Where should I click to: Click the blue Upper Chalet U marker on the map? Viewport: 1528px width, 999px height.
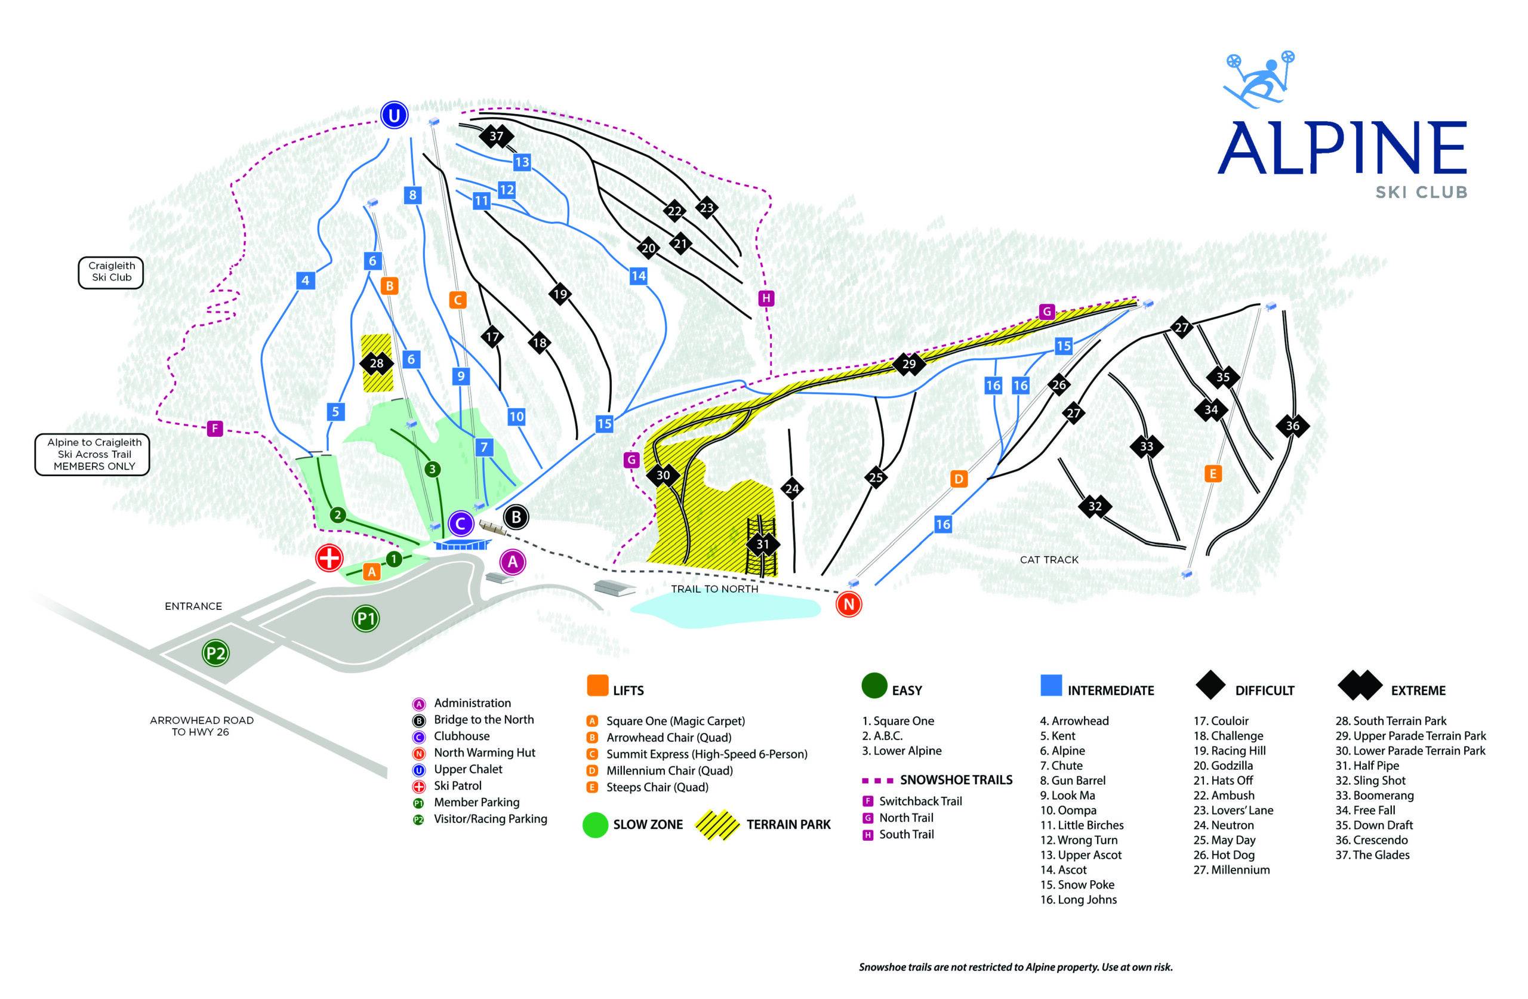393,116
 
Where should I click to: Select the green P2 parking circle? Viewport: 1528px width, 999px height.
215,653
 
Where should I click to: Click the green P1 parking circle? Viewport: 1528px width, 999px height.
366,619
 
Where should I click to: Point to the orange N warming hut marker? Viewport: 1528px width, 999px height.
849,604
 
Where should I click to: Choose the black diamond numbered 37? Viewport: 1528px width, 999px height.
496,136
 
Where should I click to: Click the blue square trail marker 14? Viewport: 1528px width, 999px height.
638,276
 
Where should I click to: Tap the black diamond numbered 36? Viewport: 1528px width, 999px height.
1292,425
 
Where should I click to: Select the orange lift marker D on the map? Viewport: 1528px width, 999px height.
959,479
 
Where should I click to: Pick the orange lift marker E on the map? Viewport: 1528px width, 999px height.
1213,474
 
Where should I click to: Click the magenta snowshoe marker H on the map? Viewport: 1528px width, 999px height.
765,298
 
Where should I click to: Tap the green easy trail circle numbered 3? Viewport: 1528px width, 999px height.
433,469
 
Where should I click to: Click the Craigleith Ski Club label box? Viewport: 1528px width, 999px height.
111,272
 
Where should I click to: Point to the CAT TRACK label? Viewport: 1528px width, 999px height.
1049,560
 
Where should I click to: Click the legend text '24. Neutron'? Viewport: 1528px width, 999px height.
1223,825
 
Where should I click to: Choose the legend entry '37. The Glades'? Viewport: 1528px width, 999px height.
1372,855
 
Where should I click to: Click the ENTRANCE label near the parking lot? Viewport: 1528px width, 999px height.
193,606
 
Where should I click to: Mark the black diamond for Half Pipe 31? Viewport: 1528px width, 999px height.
762,544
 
